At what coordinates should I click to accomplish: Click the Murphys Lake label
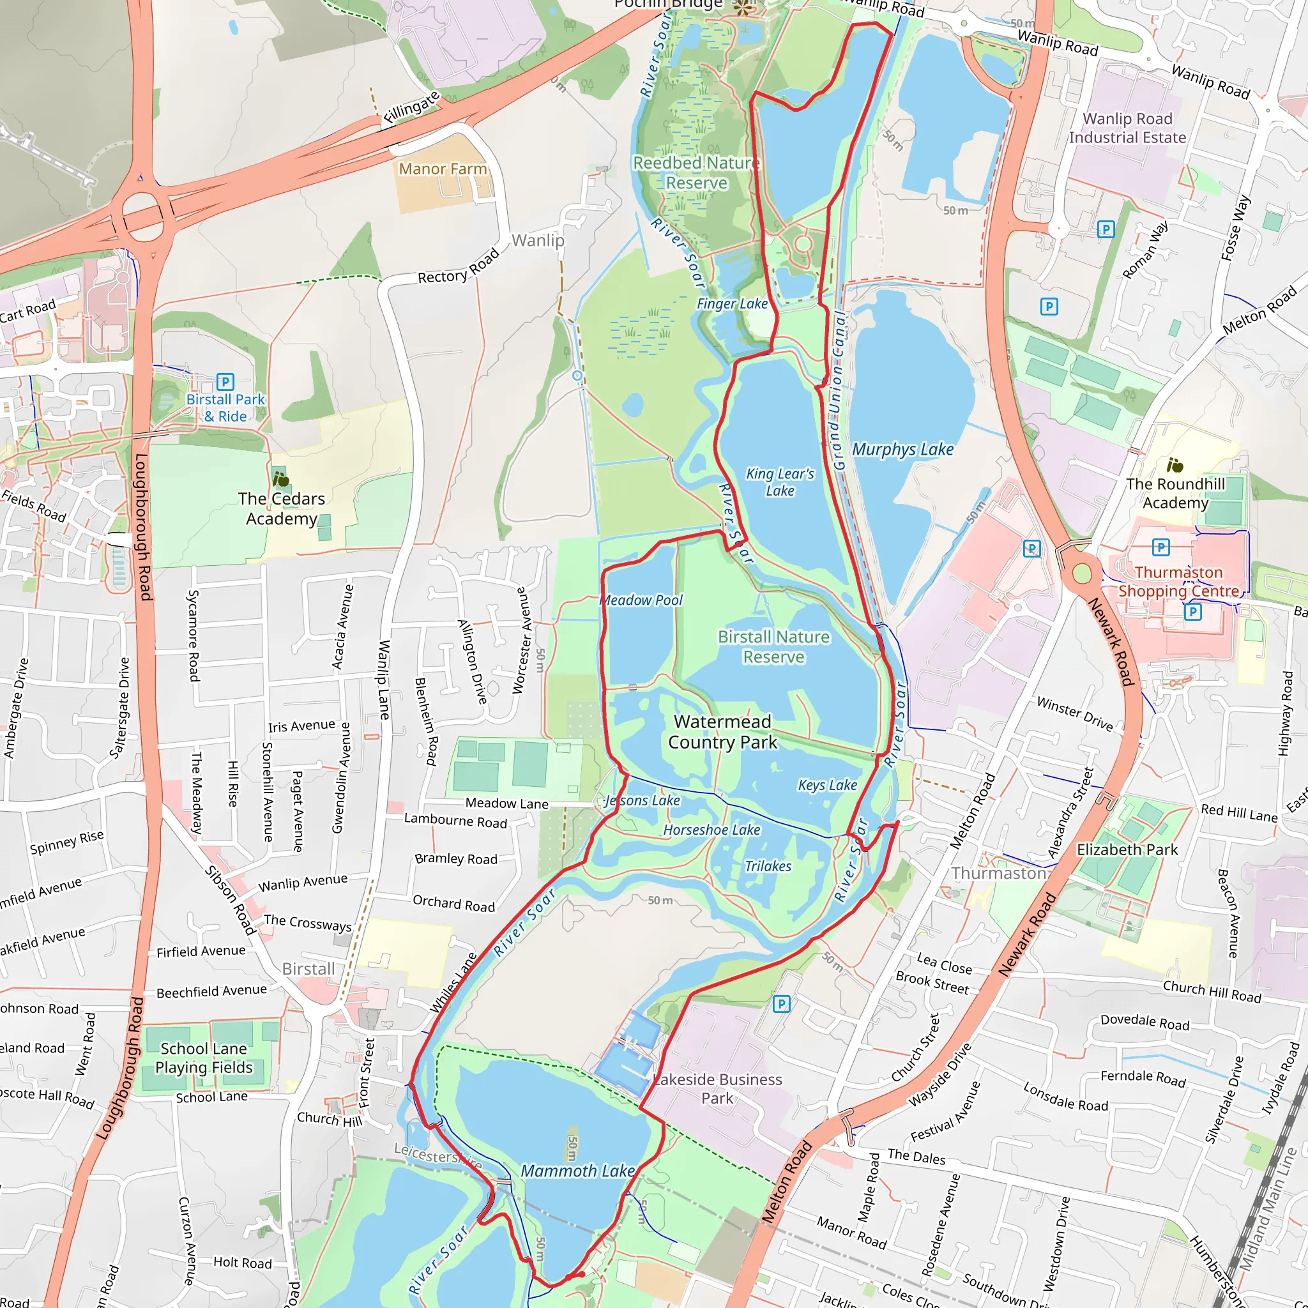pyautogui.click(x=902, y=450)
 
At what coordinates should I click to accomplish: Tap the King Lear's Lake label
pyautogui.click(x=780, y=482)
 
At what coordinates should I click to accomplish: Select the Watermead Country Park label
pyautogui.click(x=722, y=732)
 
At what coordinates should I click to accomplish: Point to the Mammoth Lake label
pyautogui.click(x=577, y=1171)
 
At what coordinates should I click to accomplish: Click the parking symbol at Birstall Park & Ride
pyautogui.click(x=225, y=382)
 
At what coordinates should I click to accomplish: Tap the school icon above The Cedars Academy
pyautogui.click(x=280, y=480)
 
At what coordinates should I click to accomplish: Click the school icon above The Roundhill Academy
pyautogui.click(x=1175, y=465)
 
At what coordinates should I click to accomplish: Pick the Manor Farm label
pyautogui.click(x=443, y=169)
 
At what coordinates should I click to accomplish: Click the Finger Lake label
pyautogui.click(x=733, y=304)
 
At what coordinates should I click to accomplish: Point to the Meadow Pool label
pyautogui.click(x=642, y=600)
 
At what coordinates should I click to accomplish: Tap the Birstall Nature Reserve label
pyautogui.click(x=773, y=646)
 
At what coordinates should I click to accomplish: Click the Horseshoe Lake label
pyautogui.click(x=711, y=830)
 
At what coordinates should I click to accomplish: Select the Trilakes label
pyautogui.click(x=768, y=867)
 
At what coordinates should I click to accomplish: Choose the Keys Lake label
pyautogui.click(x=827, y=786)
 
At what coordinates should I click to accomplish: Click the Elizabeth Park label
pyautogui.click(x=1127, y=849)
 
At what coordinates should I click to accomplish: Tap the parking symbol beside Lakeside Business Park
pyautogui.click(x=781, y=1004)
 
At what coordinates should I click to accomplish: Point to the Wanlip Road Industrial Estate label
pyautogui.click(x=1127, y=128)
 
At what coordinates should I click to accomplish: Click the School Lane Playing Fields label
pyautogui.click(x=204, y=1058)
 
